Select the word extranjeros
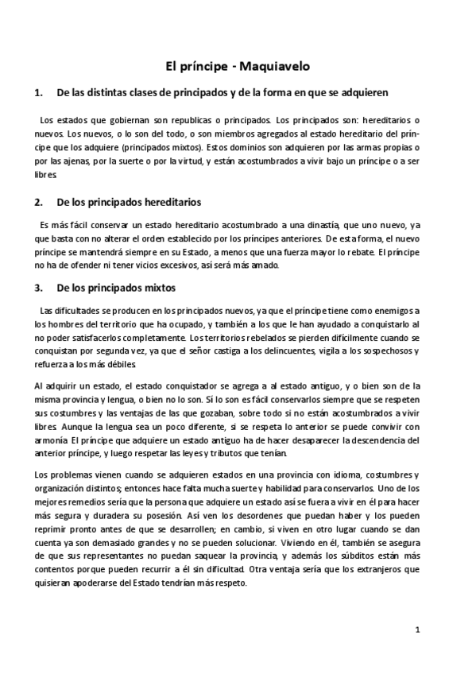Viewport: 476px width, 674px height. (x=385, y=568)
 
